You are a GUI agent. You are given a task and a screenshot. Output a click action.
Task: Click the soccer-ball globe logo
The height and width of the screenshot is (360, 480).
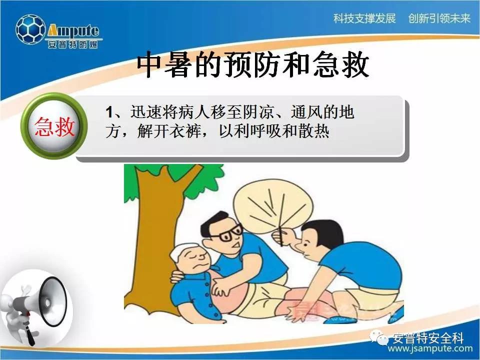[30, 29]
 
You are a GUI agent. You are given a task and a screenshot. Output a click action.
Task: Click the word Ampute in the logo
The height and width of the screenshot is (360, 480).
[73, 30]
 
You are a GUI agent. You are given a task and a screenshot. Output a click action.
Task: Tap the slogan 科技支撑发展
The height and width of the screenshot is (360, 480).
[364, 18]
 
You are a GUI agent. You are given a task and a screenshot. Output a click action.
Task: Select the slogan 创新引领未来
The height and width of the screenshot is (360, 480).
[439, 18]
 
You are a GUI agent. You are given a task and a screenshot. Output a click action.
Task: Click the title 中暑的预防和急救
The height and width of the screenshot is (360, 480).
[252, 64]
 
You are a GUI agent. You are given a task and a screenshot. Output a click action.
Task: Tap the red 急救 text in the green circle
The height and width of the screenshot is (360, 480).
[54, 126]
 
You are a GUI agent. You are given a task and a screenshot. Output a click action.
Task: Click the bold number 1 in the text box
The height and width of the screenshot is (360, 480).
[109, 112]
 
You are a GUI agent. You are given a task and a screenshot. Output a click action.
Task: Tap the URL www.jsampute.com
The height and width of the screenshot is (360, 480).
[430, 348]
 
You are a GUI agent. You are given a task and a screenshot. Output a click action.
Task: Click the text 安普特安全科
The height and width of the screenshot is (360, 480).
[428, 337]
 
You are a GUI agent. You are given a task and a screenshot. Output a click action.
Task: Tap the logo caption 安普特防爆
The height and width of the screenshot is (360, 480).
[73, 44]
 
